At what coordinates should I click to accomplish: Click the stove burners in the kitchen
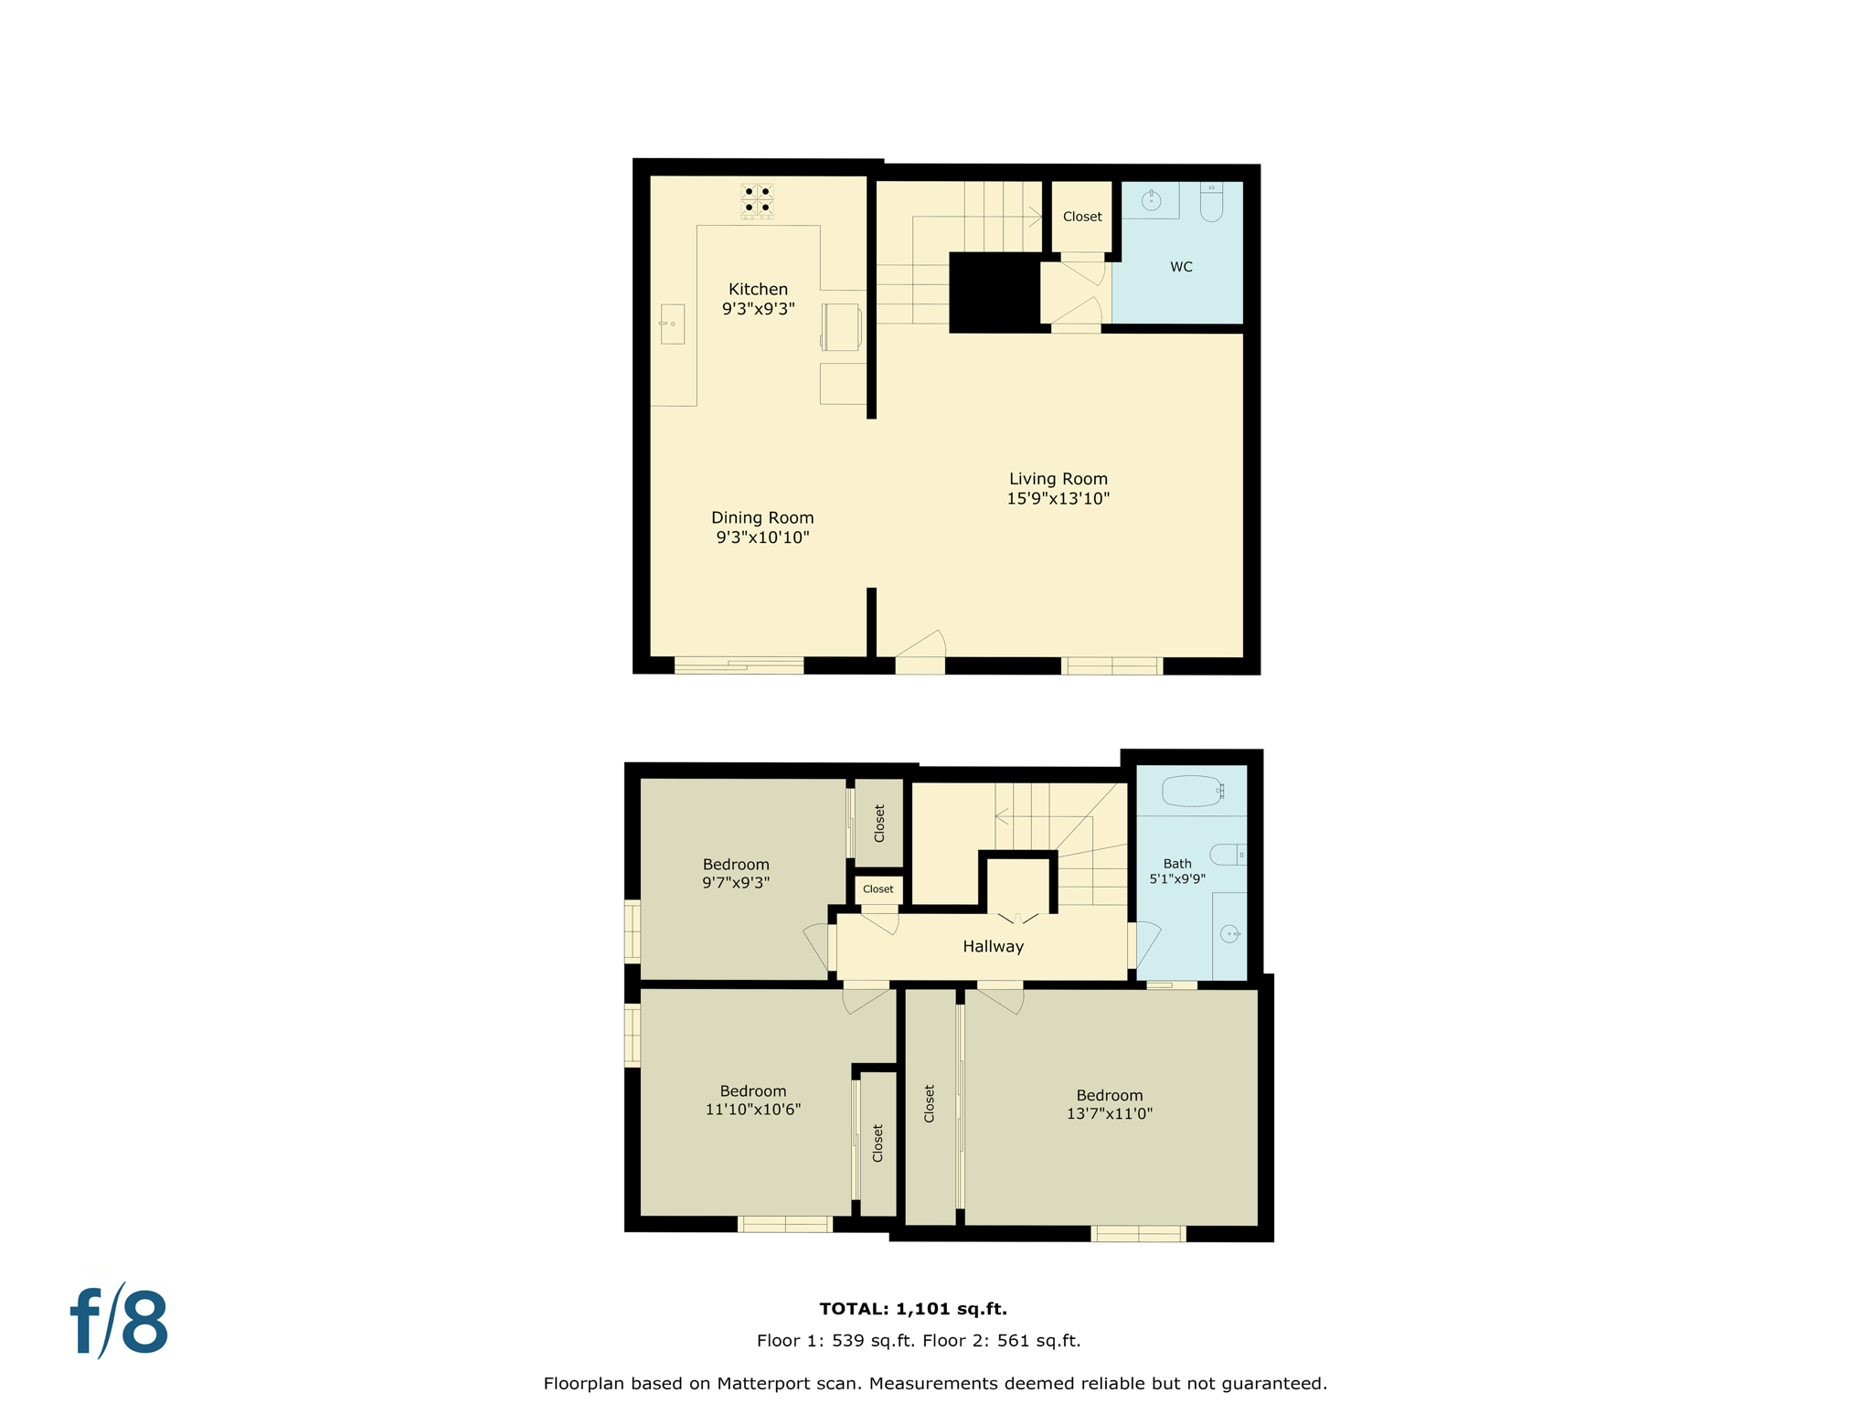(x=757, y=200)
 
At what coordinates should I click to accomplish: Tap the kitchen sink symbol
(x=672, y=324)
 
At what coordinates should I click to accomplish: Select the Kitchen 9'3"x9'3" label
(x=758, y=299)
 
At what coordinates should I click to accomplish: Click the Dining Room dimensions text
(x=762, y=537)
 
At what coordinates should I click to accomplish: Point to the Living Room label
(x=1058, y=488)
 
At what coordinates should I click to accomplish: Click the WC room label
(x=1181, y=267)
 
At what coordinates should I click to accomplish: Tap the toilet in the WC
(x=1211, y=202)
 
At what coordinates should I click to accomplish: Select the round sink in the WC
(x=1151, y=199)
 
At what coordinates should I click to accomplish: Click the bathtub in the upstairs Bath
(x=1192, y=791)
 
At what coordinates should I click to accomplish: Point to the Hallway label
(x=993, y=946)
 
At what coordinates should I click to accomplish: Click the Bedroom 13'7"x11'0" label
(x=1109, y=1104)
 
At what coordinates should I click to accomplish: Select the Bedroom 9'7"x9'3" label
(x=736, y=873)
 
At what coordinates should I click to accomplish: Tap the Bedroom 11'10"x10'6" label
(x=752, y=1100)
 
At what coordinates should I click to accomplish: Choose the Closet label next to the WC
(x=1082, y=217)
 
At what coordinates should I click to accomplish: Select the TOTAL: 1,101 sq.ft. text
(x=913, y=1308)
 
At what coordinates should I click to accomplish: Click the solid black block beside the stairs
(x=994, y=292)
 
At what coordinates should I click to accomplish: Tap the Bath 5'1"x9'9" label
(x=1177, y=870)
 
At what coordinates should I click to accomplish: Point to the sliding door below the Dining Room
(x=739, y=665)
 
